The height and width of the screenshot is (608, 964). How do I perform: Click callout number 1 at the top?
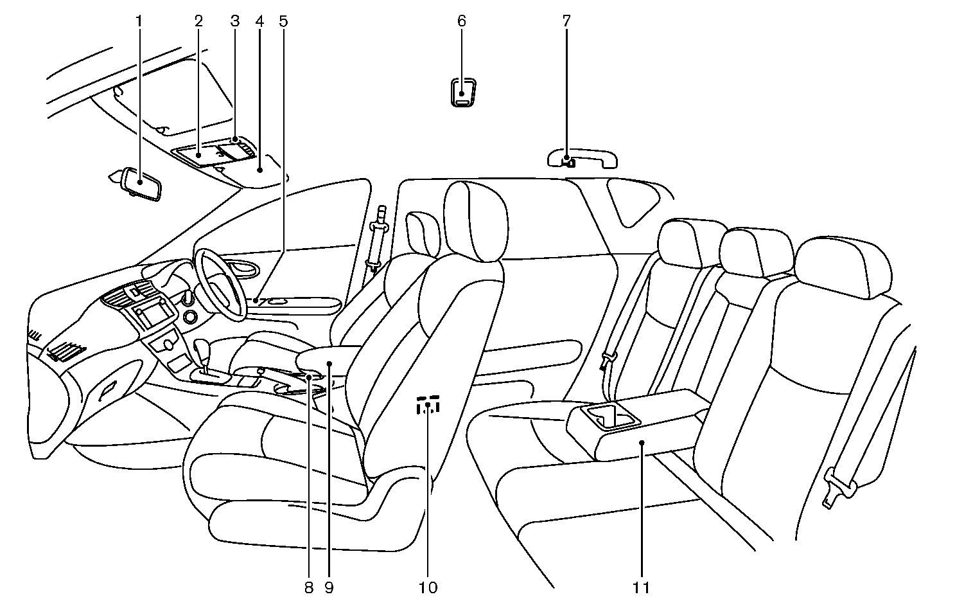coord(139,21)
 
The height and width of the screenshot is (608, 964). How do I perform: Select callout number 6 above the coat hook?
coord(462,21)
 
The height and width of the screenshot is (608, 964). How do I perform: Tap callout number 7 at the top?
coord(566,21)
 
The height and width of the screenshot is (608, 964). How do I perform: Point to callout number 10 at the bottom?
coord(428,587)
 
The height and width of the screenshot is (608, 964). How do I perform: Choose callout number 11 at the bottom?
coord(642,587)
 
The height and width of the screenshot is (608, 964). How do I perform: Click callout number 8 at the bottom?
coord(308,587)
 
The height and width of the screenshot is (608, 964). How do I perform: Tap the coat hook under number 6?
coord(462,91)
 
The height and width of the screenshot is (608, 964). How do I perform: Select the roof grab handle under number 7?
coord(583,157)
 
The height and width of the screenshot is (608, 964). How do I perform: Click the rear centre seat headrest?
coord(756,252)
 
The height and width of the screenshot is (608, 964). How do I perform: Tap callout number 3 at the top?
coord(234,21)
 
